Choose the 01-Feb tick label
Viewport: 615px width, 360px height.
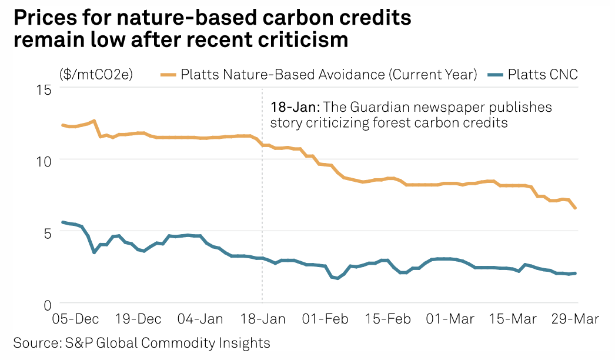326,319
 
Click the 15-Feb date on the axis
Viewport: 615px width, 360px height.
388,319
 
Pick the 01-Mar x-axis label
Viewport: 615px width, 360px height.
450,319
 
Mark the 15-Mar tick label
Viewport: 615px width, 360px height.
513,319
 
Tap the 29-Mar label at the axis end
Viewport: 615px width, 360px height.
575,319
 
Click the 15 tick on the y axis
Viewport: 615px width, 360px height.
45,89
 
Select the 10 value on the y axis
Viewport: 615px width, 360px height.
45,160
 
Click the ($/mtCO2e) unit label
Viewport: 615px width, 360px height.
96,75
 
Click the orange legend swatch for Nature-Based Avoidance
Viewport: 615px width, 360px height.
169,75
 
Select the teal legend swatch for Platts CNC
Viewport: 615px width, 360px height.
497,75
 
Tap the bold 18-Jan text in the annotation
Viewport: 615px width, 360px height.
295,108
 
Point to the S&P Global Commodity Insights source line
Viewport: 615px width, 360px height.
141,343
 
